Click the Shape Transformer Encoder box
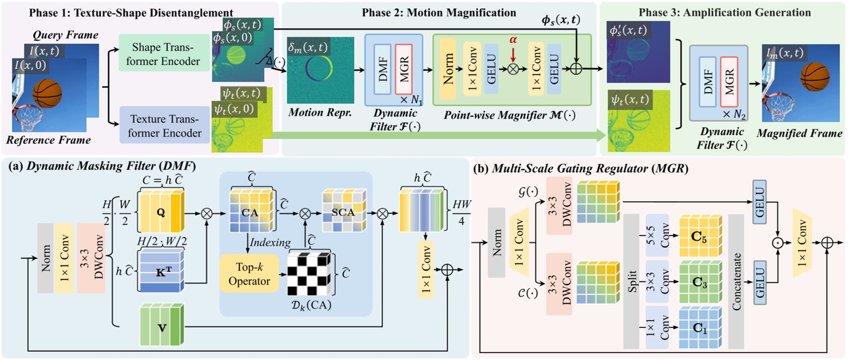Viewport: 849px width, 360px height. pyautogui.click(x=163, y=54)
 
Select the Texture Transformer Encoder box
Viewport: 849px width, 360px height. pyautogui.click(x=164, y=126)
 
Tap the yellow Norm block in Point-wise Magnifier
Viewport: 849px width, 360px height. pyautogui.click(x=448, y=69)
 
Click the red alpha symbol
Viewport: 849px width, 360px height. pyautogui.click(x=513, y=40)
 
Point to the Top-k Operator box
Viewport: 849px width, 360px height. pyautogui.click(x=249, y=274)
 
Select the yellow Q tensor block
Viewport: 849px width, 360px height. pyautogui.click(x=161, y=212)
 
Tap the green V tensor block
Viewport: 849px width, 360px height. pyautogui.click(x=162, y=325)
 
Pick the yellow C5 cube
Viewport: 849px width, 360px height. pyautogui.click(x=700, y=236)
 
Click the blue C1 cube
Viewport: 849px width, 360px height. pyautogui.click(x=699, y=328)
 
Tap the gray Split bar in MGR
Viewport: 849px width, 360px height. pyautogui.click(x=631, y=281)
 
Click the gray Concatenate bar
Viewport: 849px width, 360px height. pyautogui.click(x=736, y=281)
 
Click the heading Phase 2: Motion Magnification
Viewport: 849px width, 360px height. pyautogui.click(x=439, y=13)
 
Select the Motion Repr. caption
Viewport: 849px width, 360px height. pyautogui.click(x=320, y=113)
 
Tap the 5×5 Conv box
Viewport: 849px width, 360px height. pyautogui.click(x=657, y=235)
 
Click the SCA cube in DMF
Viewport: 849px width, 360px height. pyautogui.click(x=344, y=211)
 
